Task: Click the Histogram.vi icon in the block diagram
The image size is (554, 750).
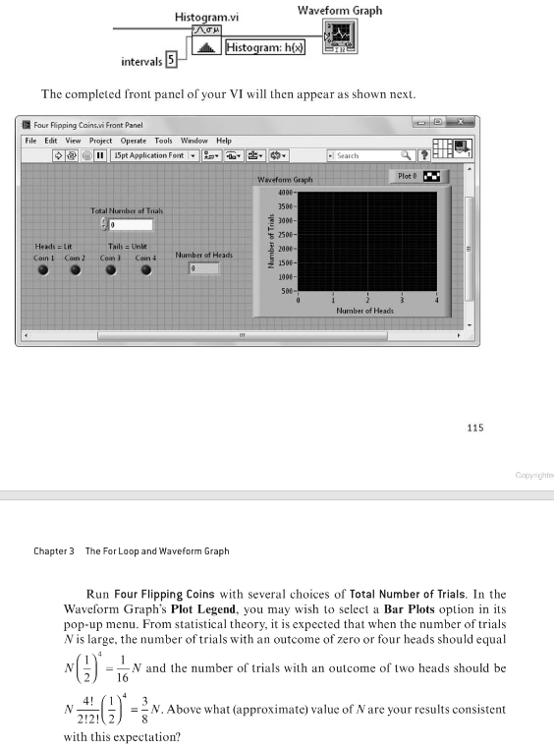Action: coord(207,44)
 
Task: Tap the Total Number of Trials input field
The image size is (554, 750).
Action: coord(130,225)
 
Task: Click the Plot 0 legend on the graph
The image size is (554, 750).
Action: coord(418,177)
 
